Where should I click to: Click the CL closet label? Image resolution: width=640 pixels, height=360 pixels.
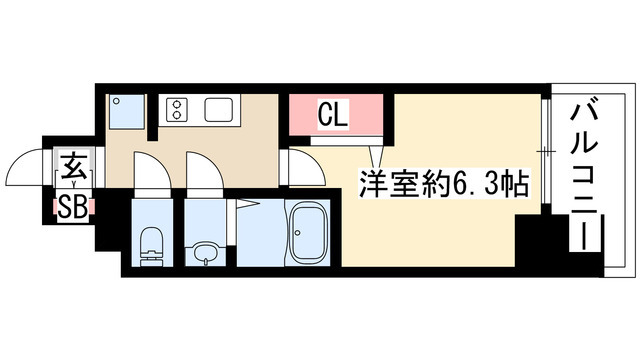click(x=333, y=115)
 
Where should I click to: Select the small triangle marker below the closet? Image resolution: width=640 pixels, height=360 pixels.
click(x=375, y=156)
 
